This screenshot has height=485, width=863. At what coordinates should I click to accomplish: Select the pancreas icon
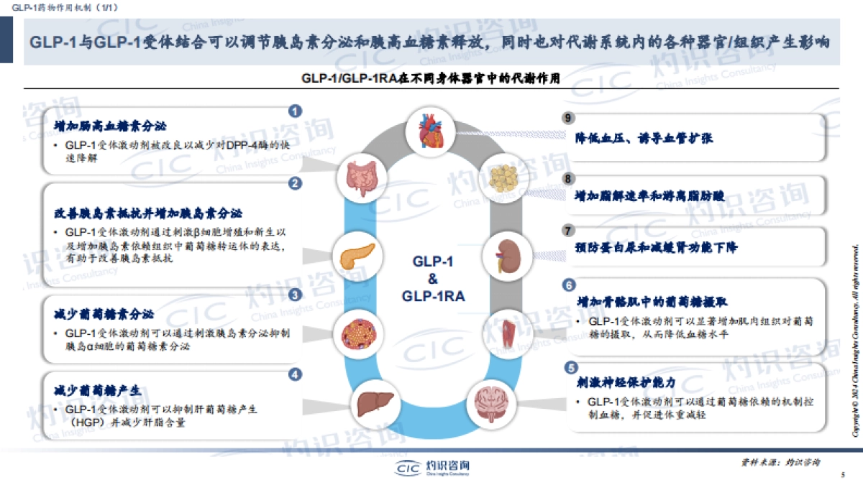[355, 254]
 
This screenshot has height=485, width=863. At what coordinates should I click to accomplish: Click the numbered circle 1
[295, 111]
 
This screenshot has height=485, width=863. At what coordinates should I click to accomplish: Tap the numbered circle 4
[295, 374]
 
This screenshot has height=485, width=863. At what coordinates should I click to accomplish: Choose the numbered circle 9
[568, 118]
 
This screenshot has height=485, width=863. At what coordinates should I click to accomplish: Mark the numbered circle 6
[568, 285]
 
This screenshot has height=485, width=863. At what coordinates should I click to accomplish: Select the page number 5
[842, 475]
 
